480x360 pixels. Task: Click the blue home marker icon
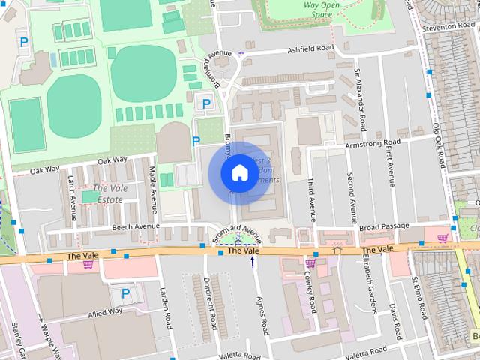[x=239, y=172]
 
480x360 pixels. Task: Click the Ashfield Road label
[x=310, y=50]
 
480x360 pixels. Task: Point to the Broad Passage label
[x=384, y=226]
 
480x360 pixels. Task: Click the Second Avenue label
[x=350, y=194]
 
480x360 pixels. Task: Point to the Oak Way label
[x=112, y=160]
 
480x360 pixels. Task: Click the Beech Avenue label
[x=136, y=226]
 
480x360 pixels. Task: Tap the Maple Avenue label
[x=152, y=184]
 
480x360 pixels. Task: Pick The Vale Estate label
[x=109, y=193]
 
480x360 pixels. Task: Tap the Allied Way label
[x=104, y=311]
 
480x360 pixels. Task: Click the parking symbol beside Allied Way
[x=125, y=292]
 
